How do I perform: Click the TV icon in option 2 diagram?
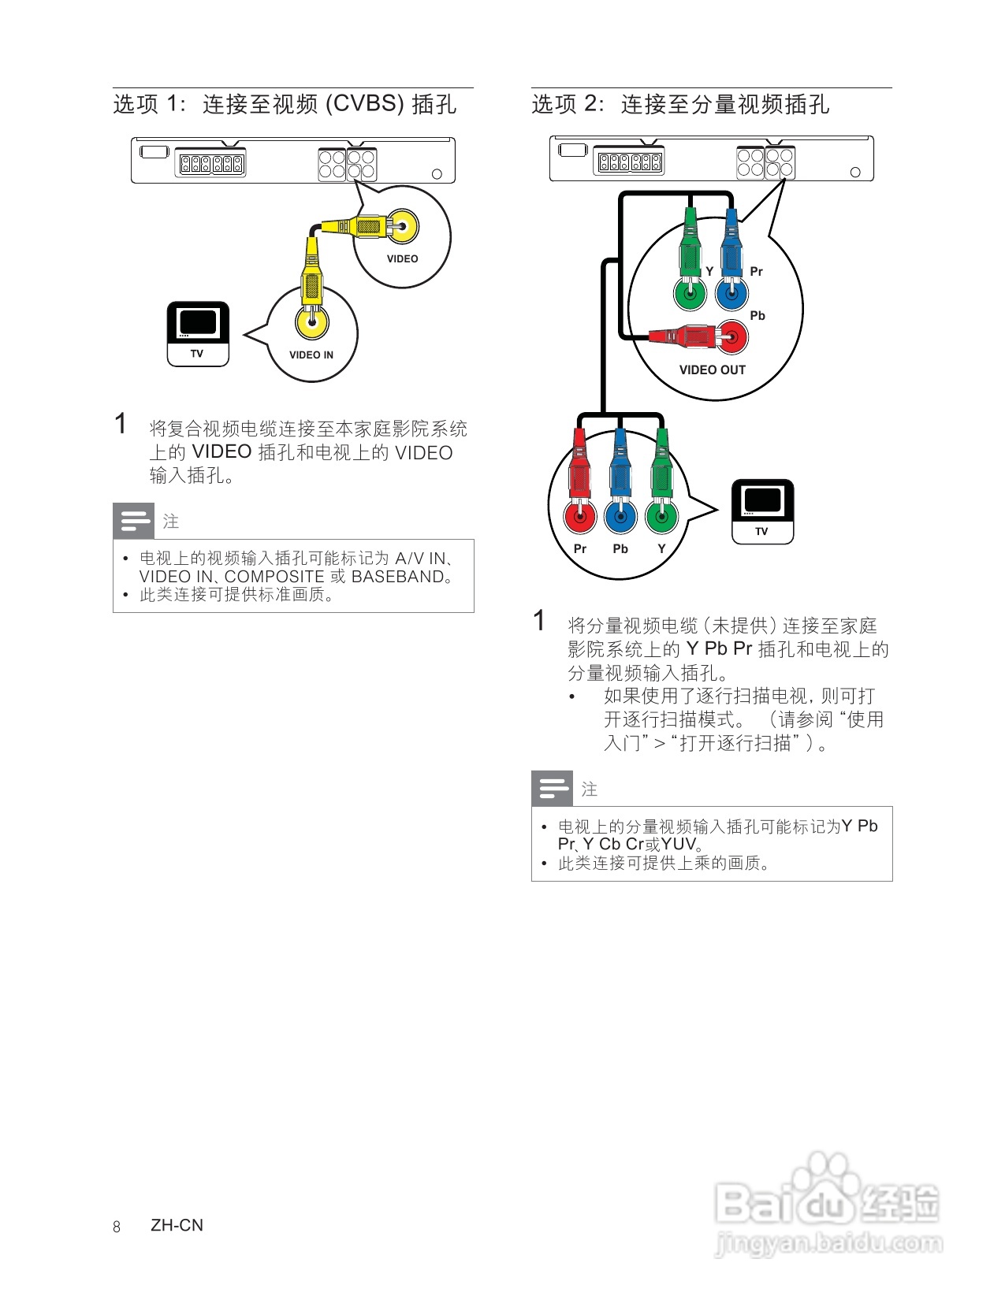(762, 511)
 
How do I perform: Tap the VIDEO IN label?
(311, 355)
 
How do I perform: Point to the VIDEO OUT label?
(712, 370)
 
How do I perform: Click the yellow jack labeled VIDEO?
(401, 228)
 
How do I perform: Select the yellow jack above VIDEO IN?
(312, 321)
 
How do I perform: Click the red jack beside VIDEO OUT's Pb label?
(732, 337)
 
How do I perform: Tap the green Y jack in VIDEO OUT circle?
(690, 295)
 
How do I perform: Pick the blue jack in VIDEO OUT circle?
(731, 295)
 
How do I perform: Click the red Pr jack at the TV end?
(580, 517)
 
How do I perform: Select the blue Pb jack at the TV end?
(620, 517)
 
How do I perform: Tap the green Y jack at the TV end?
(661, 517)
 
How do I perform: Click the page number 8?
(117, 1226)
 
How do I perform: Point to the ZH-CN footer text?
(177, 1225)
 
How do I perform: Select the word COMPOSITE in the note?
(274, 577)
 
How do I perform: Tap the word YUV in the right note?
(679, 844)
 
